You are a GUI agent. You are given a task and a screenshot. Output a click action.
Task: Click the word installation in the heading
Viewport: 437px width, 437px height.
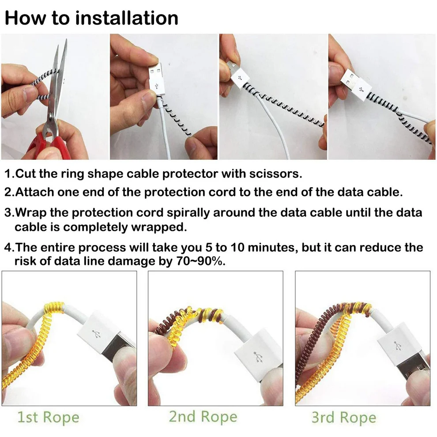pyautogui.click(x=127, y=18)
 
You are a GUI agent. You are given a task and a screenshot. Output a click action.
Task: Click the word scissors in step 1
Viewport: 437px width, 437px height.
pyautogui.click(x=275, y=173)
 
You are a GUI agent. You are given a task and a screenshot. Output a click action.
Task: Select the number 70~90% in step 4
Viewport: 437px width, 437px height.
pyautogui.click(x=201, y=261)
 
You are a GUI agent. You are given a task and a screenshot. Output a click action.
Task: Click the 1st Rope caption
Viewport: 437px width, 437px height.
pyautogui.click(x=48, y=418)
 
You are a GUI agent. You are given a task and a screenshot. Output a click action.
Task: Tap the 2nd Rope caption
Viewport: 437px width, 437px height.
pyautogui.click(x=203, y=417)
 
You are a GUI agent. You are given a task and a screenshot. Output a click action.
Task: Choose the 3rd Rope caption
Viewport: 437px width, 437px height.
pyautogui.click(x=344, y=418)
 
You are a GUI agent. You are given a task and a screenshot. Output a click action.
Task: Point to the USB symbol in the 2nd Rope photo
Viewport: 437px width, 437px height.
pyautogui.click(x=258, y=357)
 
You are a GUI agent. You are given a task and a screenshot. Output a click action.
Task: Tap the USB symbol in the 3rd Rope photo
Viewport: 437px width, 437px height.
pyautogui.click(x=397, y=346)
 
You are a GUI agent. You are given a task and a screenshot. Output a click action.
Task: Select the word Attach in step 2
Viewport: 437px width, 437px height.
pyautogui.click(x=34, y=192)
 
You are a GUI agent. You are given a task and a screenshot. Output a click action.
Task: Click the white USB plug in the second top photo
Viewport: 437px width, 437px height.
pyautogui.click(x=156, y=79)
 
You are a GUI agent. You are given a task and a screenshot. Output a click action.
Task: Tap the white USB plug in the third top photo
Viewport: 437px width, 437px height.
pyautogui.click(x=238, y=75)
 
